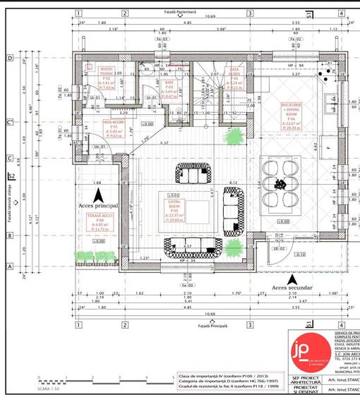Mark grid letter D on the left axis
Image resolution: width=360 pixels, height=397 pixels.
pos(10,59)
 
